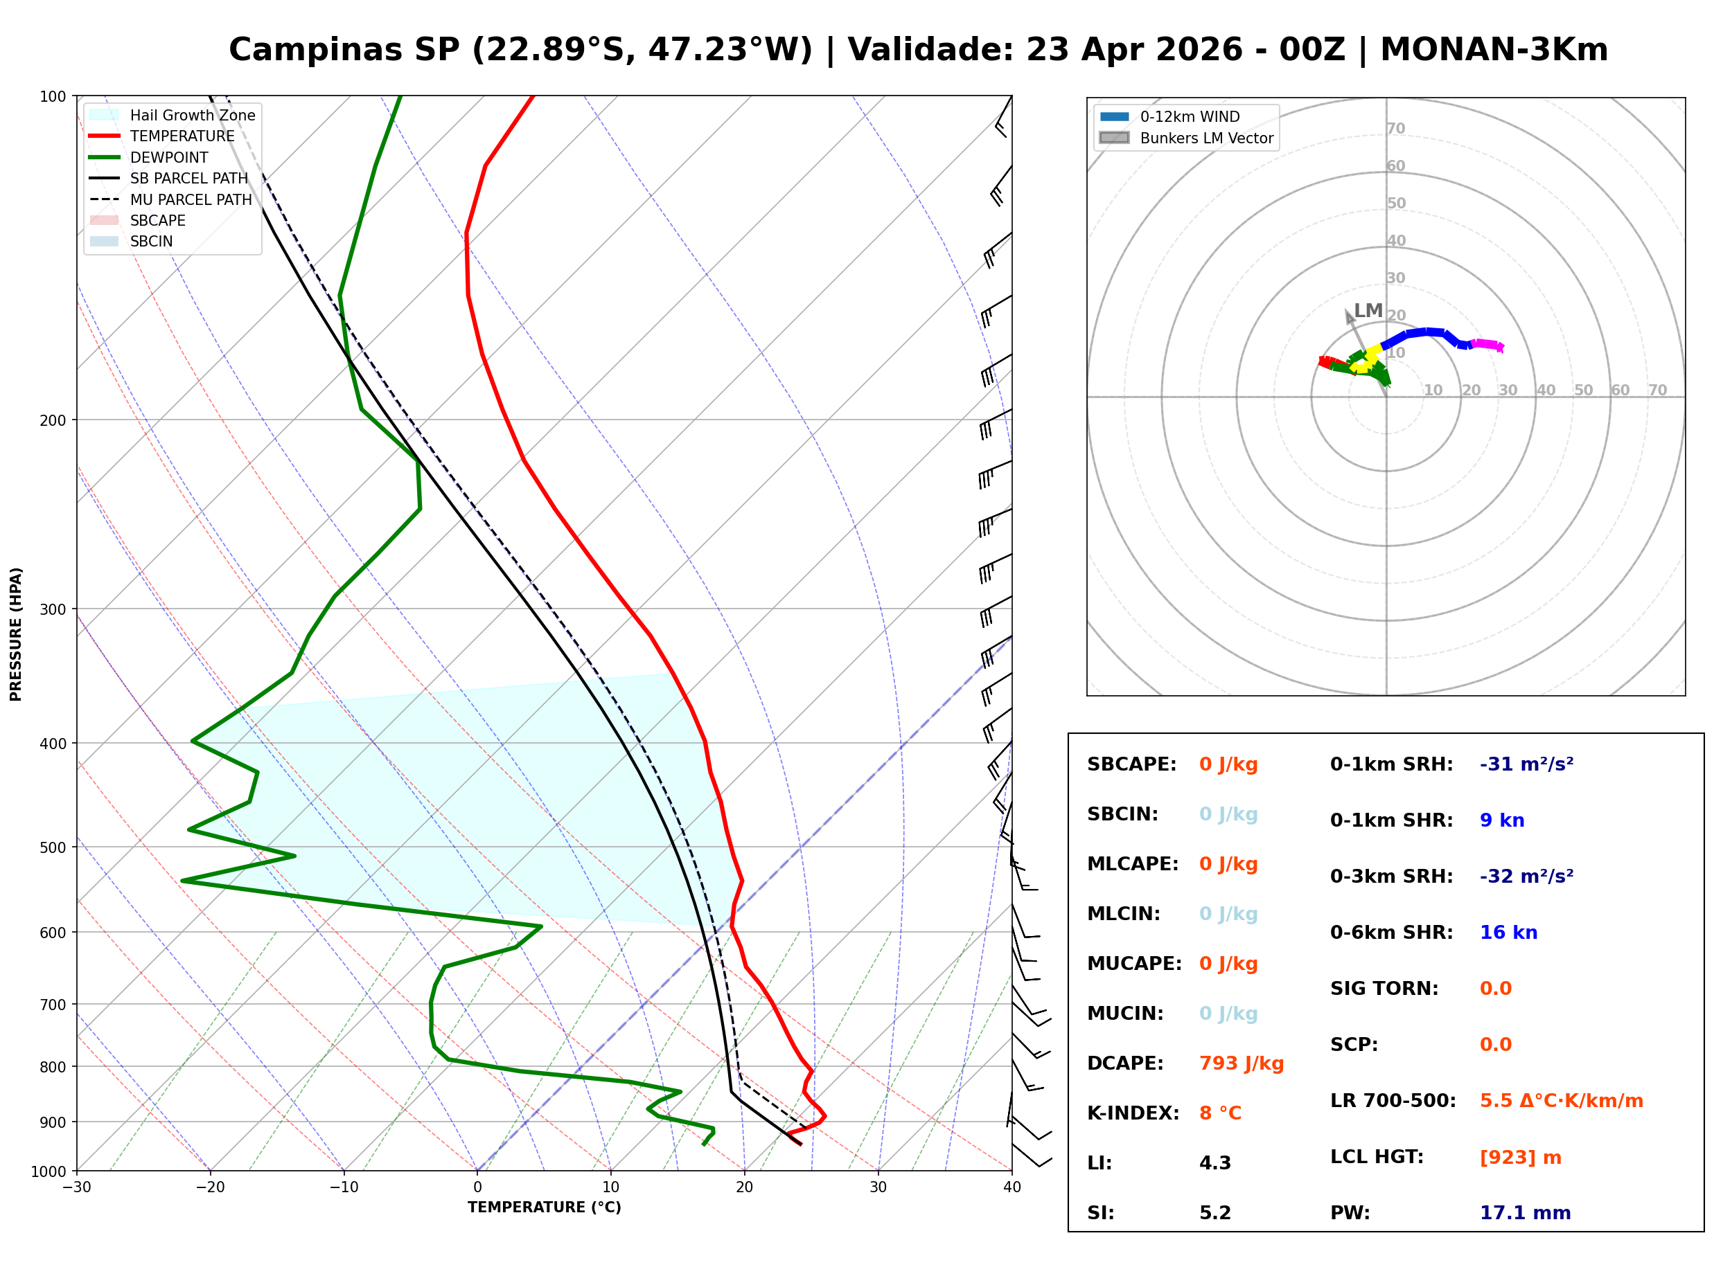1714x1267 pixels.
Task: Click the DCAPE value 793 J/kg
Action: pyautogui.click(x=1241, y=1063)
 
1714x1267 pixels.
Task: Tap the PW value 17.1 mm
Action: pyautogui.click(x=1524, y=1212)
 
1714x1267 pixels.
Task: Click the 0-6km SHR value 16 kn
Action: pyautogui.click(x=1508, y=932)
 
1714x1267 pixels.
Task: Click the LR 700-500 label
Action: pyautogui.click(x=1393, y=1101)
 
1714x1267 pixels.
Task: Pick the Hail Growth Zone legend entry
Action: pyautogui.click(x=192, y=115)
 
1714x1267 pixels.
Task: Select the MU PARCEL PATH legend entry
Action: pyautogui.click(x=191, y=199)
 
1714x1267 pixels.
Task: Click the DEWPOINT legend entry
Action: pyautogui.click(x=169, y=157)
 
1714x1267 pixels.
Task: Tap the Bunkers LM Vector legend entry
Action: pyautogui.click(x=1206, y=138)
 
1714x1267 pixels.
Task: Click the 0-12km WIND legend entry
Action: pyautogui.click(x=1190, y=116)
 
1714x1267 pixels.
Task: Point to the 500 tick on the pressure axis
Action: pyautogui.click(x=53, y=847)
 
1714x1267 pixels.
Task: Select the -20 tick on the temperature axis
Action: pyautogui.click(x=210, y=1187)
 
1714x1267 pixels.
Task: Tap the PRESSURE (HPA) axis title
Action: pyautogui.click(x=16, y=633)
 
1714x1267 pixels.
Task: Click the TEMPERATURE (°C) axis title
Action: pyautogui.click(x=544, y=1207)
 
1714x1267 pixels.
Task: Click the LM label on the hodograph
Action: pyautogui.click(x=1368, y=311)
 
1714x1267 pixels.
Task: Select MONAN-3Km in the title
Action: pyautogui.click(x=1493, y=50)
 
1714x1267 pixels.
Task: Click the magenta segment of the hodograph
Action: pyautogui.click(x=1487, y=344)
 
